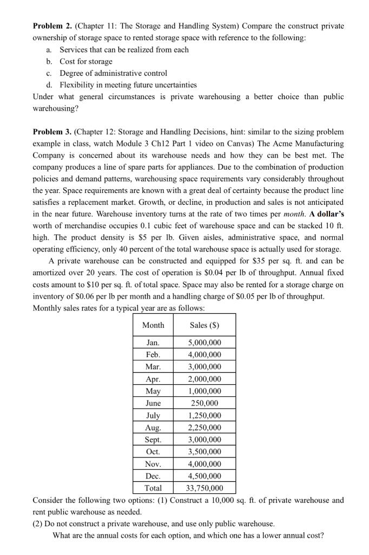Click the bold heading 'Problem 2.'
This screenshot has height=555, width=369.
52,26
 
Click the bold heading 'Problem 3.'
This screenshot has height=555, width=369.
52,132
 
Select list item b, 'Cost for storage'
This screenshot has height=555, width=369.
86,61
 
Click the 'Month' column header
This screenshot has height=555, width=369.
153,325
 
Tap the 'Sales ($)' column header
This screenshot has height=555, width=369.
205,325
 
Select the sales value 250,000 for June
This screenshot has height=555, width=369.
205,403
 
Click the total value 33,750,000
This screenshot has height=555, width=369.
205,488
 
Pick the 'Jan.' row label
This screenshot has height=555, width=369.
153,343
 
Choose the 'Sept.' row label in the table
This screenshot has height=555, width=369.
153,440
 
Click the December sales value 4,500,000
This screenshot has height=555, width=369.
205,476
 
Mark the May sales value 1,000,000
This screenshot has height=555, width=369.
205,391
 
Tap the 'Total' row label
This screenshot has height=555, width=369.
153,488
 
